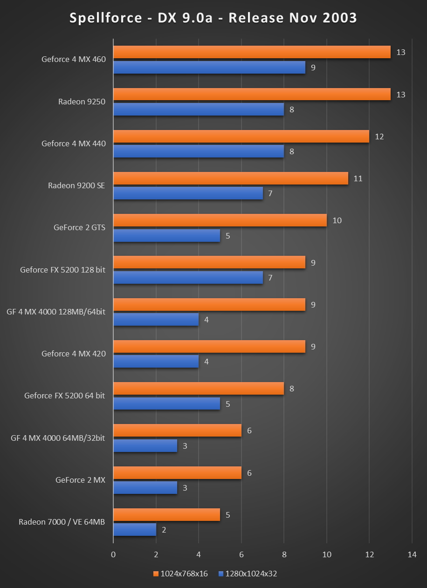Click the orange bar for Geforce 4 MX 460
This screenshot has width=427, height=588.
coord(252,52)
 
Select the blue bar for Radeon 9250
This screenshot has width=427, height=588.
coord(198,109)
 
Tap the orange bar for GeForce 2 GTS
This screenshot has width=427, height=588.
coord(220,220)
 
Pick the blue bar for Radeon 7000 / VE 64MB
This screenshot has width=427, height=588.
coord(134,530)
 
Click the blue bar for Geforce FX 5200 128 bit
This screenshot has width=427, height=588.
coord(188,278)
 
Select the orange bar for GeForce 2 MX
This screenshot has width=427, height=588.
coord(177,473)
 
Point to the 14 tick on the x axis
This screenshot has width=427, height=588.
coord(412,554)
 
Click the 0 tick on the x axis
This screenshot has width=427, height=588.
coord(113,554)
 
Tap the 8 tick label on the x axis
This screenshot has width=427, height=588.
coord(284,554)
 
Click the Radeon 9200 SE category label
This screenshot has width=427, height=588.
coord(76,185)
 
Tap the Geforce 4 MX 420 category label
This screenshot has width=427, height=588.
coord(74,354)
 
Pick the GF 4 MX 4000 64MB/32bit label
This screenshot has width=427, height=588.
coord(58,438)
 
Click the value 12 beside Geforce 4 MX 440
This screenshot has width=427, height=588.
coord(379,137)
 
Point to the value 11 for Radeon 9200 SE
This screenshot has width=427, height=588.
coord(358,178)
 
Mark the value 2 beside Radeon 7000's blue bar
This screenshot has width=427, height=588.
coord(164,530)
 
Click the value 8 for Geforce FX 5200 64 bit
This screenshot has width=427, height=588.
coord(291,389)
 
